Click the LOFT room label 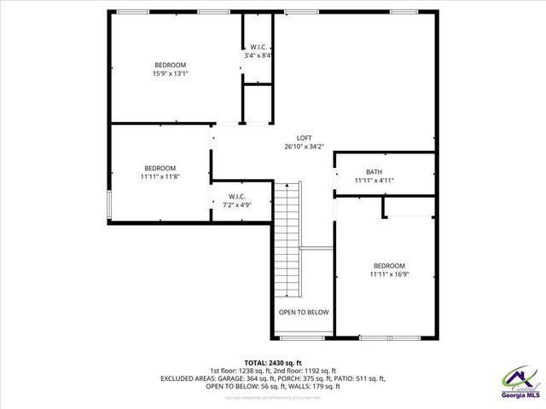(x=304, y=138)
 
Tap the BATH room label (x=374, y=171)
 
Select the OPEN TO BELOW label (x=304, y=312)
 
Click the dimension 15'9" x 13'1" (x=170, y=74)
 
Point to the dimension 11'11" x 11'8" (x=160, y=176)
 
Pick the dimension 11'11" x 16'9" (x=388, y=274)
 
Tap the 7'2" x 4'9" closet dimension (x=237, y=205)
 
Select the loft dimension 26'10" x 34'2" (x=304, y=147)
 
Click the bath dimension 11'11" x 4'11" (x=374, y=181)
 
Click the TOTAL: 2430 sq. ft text (x=273, y=362)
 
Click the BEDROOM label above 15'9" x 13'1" (x=170, y=65)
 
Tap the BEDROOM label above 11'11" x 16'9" (x=388, y=265)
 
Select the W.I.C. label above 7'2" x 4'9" (x=237, y=196)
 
